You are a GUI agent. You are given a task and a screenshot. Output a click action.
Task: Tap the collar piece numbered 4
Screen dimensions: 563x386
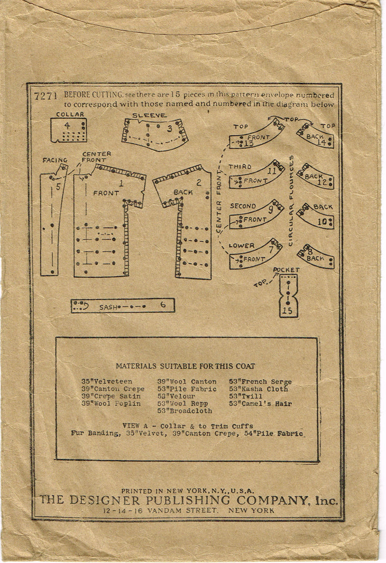pos(69,130)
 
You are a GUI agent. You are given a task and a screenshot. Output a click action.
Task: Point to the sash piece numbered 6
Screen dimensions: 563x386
pos(123,306)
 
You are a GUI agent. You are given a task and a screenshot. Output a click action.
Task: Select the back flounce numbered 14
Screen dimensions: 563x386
pos(315,137)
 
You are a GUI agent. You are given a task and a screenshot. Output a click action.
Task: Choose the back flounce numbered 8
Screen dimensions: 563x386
pos(316,257)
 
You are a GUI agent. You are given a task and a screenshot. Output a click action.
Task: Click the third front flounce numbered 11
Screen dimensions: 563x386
pos(257,176)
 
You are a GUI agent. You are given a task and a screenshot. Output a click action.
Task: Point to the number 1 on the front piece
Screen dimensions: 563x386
pos(121,184)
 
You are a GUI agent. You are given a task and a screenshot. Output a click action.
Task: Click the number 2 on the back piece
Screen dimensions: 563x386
pos(199,184)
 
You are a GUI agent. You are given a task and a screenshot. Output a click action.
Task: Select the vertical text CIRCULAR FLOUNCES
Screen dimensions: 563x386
pos(291,201)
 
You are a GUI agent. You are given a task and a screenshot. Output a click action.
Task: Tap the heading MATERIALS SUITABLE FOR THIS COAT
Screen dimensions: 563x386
pos(185,366)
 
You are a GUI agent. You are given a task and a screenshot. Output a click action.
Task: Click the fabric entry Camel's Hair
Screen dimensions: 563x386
pos(261,404)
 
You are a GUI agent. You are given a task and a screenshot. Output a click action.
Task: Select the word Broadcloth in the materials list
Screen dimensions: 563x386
pos(185,411)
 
